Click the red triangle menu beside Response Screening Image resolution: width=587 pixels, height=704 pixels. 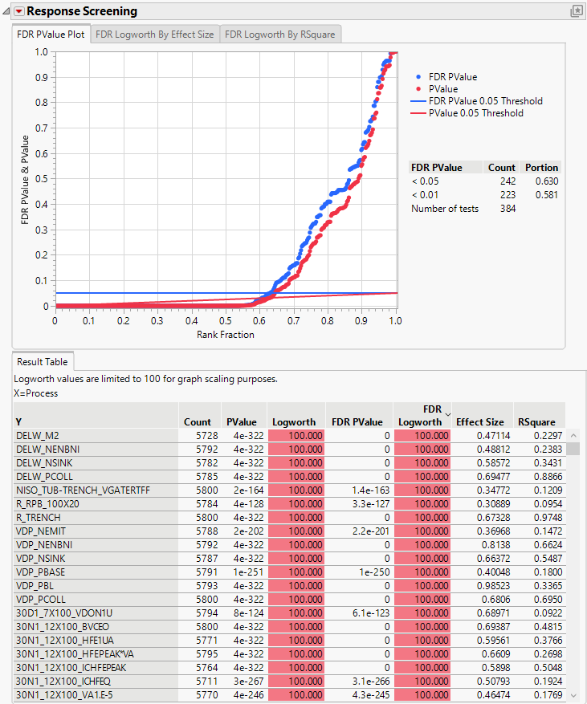(19, 11)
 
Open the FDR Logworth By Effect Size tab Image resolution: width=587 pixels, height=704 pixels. (154, 35)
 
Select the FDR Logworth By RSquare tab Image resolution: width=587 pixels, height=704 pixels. (279, 35)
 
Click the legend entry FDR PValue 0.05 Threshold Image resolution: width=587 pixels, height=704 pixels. (486, 101)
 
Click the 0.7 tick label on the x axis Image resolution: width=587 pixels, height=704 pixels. (293, 321)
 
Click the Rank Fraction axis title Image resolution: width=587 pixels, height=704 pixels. (226, 335)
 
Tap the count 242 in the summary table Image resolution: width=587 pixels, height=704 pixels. (505, 181)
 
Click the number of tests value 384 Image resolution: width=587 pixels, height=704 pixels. (505, 209)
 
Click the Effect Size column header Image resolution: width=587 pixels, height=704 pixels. (480, 421)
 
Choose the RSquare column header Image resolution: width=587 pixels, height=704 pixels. (536, 421)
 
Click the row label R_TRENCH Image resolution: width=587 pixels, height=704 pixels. (39, 518)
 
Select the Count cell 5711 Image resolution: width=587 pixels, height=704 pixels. (198, 682)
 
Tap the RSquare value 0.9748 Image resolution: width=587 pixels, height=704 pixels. (540, 518)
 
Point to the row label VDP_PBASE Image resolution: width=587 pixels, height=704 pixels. (40, 572)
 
